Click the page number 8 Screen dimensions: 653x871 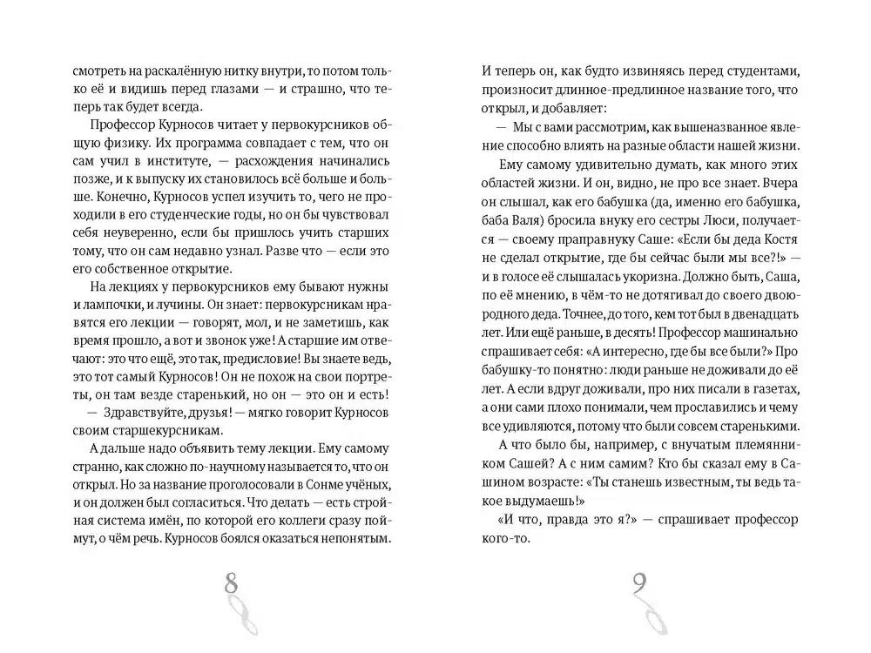[231, 583]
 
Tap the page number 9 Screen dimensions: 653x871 [638, 583]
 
